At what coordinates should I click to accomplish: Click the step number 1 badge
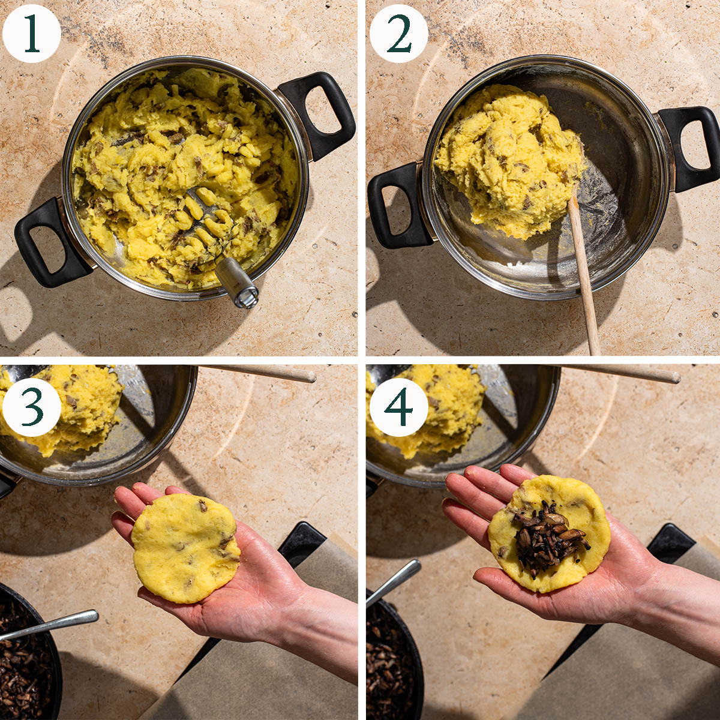click(31, 34)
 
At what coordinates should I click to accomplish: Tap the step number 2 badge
click(398, 34)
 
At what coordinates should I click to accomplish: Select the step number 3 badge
click(31, 407)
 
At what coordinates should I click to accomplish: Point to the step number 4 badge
click(398, 407)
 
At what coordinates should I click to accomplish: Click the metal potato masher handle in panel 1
click(236, 282)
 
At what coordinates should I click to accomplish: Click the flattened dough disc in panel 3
click(185, 548)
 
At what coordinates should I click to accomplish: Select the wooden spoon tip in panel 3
click(311, 377)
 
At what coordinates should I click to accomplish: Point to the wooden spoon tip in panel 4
click(675, 377)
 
